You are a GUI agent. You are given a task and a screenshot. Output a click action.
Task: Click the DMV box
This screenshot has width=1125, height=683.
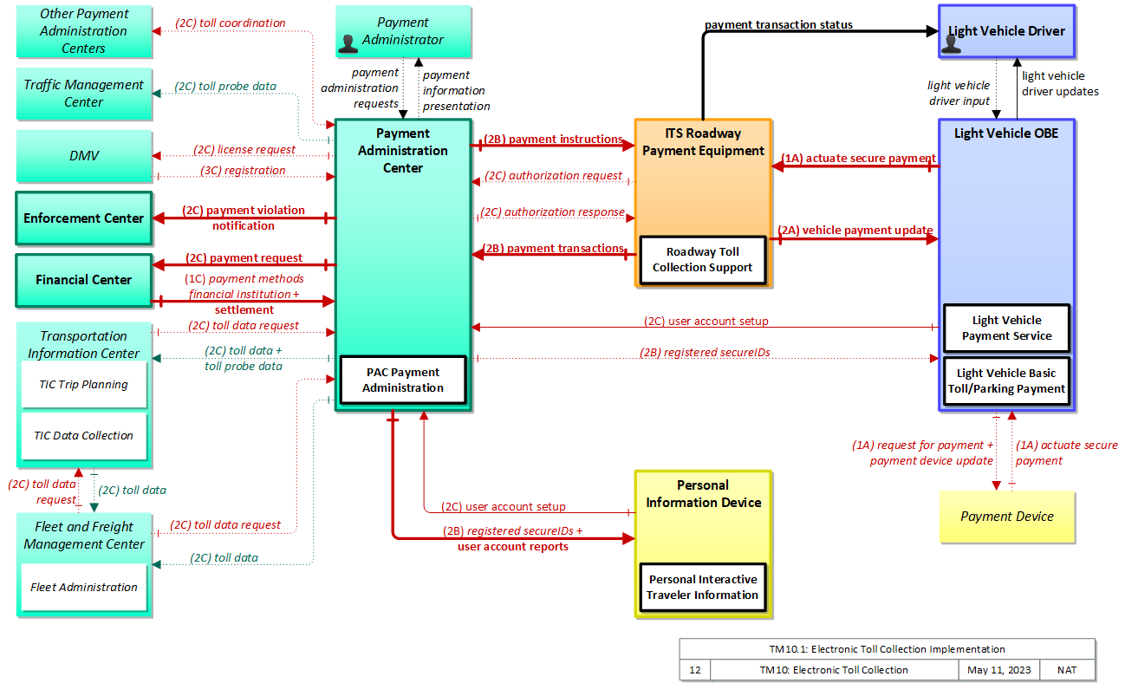coord(84,156)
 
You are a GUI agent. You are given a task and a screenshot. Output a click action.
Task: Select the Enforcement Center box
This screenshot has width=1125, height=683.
coord(84,218)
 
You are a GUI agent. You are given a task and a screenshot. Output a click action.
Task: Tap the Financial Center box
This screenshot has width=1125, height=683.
coord(84,280)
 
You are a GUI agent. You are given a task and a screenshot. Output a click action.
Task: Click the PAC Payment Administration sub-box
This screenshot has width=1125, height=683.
coord(403,380)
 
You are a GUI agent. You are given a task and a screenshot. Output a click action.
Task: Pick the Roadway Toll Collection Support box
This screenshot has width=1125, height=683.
coord(703,260)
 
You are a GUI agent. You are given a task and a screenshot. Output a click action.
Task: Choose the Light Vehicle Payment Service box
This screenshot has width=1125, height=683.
coord(1006,328)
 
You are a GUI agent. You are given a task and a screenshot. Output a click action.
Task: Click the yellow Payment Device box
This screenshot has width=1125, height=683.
coord(1007,517)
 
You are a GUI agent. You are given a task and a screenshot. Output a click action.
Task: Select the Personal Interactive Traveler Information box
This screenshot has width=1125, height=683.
coord(703,587)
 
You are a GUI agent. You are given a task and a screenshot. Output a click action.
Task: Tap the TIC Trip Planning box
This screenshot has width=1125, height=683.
coord(84,385)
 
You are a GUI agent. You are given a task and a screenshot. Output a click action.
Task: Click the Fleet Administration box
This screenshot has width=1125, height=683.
coord(84,587)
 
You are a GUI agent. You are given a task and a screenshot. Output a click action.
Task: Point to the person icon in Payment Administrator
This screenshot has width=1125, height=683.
coord(348,44)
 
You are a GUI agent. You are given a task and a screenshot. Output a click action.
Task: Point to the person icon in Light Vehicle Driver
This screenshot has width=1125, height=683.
coord(951,44)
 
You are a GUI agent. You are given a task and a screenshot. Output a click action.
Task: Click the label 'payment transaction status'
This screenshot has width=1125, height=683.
coord(778,24)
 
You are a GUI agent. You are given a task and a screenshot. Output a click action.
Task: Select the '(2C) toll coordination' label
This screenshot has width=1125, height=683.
coord(230,23)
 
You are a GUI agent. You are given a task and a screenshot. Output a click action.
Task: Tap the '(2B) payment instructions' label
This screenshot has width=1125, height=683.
coord(553,139)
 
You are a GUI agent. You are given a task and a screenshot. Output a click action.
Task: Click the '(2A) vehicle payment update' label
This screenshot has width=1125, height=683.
coord(855,230)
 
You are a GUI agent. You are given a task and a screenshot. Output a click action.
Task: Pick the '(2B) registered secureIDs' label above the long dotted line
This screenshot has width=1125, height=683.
coord(705,353)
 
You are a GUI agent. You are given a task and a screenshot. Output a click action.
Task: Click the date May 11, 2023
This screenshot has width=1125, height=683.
coord(999,670)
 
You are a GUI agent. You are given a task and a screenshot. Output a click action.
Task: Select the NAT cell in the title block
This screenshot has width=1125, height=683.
coord(1067,670)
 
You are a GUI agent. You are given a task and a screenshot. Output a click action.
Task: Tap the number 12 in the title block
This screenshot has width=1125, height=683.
coord(695,670)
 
